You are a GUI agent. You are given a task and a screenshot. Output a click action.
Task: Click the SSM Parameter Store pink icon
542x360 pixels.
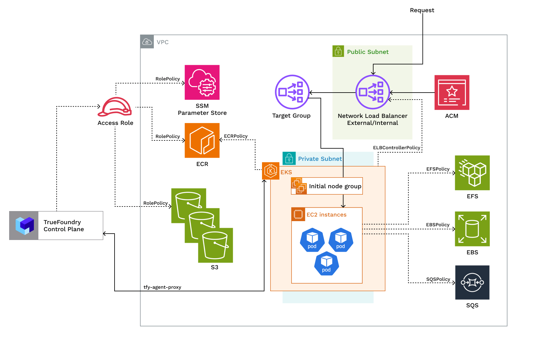[202, 82]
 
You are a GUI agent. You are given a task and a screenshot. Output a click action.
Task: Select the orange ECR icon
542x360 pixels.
[202, 140]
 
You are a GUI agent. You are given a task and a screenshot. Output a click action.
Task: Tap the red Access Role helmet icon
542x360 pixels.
[115, 107]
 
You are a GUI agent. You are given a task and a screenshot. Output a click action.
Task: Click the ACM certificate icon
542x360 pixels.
[452, 92]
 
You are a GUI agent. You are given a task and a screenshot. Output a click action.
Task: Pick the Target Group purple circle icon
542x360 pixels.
[292, 92]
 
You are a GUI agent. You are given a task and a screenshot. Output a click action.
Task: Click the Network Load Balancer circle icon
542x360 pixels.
[373, 92]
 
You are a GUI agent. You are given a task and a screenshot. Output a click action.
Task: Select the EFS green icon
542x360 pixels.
[472, 173]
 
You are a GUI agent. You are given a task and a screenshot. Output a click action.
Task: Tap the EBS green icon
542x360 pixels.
[472, 229]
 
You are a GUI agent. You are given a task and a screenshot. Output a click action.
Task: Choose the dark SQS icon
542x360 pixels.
[472, 282]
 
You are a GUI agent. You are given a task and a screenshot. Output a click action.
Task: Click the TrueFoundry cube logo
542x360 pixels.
[24, 225]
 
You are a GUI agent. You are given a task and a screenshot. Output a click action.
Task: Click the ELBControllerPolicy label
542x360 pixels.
[396, 148]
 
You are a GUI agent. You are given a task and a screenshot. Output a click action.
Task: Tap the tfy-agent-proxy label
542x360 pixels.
[162, 287]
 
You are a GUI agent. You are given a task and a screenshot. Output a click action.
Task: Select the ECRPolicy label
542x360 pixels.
[236, 136]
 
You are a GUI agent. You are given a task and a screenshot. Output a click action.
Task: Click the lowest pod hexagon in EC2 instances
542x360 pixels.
[326, 264]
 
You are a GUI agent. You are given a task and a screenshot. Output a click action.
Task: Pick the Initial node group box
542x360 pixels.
[327, 186]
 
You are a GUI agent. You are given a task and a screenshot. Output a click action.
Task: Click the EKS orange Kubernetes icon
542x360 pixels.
[271, 171]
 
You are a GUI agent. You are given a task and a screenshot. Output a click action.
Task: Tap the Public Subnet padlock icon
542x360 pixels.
[338, 51]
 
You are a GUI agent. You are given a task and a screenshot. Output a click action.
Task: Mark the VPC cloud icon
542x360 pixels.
[147, 42]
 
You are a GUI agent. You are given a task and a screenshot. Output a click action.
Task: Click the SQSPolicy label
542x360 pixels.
[438, 279]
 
